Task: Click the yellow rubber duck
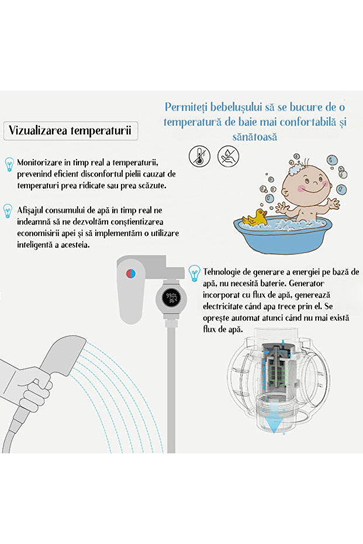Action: click(x=254, y=218)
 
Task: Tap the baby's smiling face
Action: click(x=307, y=183)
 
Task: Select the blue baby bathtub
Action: click(x=281, y=234)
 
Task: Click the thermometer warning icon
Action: click(x=199, y=156)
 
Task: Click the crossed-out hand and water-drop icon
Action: click(x=228, y=156)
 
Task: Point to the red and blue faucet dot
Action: click(x=130, y=273)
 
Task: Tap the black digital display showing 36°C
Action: click(x=171, y=298)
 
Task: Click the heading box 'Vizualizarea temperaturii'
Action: click(x=71, y=131)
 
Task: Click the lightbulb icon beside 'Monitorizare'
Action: click(x=9, y=164)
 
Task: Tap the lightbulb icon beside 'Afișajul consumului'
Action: click(x=8, y=212)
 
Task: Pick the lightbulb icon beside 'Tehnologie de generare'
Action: click(x=194, y=273)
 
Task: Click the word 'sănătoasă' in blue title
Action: click(x=255, y=137)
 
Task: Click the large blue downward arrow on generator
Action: click(x=274, y=422)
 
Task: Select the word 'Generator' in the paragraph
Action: click(x=306, y=283)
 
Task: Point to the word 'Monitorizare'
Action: click(x=39, y=162)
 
